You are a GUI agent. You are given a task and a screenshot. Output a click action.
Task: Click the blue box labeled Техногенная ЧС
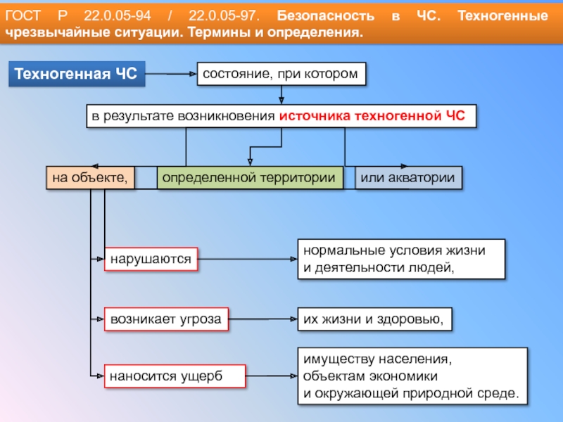click(76, 74)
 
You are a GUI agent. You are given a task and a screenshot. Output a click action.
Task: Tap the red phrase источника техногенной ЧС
click(372, 117)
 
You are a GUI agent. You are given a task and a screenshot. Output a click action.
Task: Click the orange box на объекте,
click(89, 178)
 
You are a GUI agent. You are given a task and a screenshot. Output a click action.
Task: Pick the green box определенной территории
click(249, 178)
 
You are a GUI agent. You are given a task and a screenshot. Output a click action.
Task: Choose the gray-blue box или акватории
click(408, 178)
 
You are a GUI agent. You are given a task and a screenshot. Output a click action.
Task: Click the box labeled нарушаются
click(151, 260)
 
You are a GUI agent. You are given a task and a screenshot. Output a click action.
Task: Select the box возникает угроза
click(165, 319)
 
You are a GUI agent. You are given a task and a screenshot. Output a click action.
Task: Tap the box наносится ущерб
click(175, 376)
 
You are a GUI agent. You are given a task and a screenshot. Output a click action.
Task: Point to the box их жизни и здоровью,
click(374, 319)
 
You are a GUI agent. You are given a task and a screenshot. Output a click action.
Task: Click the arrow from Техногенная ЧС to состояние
click(170, 74)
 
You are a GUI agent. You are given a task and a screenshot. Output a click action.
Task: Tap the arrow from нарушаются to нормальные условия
click(246, 260)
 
